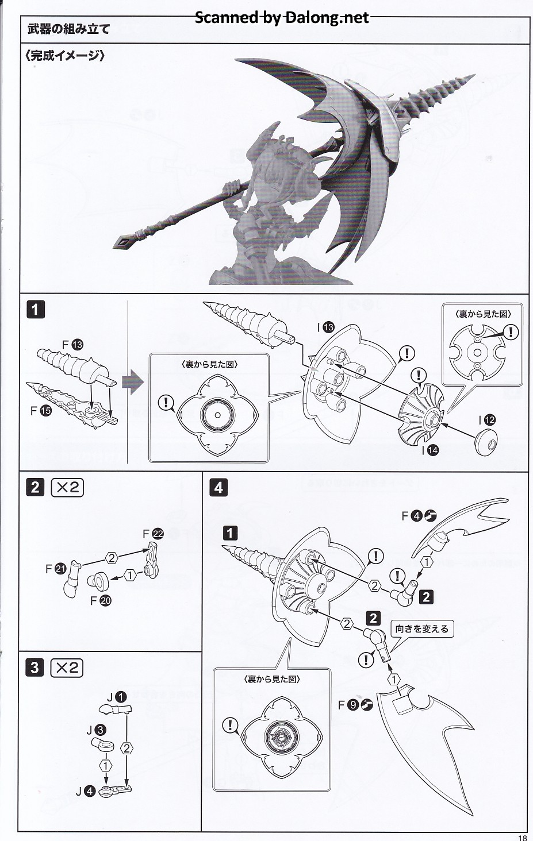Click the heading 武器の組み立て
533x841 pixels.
tap(68, 28)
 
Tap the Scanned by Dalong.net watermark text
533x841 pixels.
tap(282, 18)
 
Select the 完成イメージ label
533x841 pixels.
tap(64, 56)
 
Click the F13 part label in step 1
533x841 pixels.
tap(72, 345)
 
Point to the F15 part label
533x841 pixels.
tap(39, 411)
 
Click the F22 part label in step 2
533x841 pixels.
tap(153, 534)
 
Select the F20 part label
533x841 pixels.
tap(101, 601)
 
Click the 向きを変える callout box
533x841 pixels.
tap(421, 628)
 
